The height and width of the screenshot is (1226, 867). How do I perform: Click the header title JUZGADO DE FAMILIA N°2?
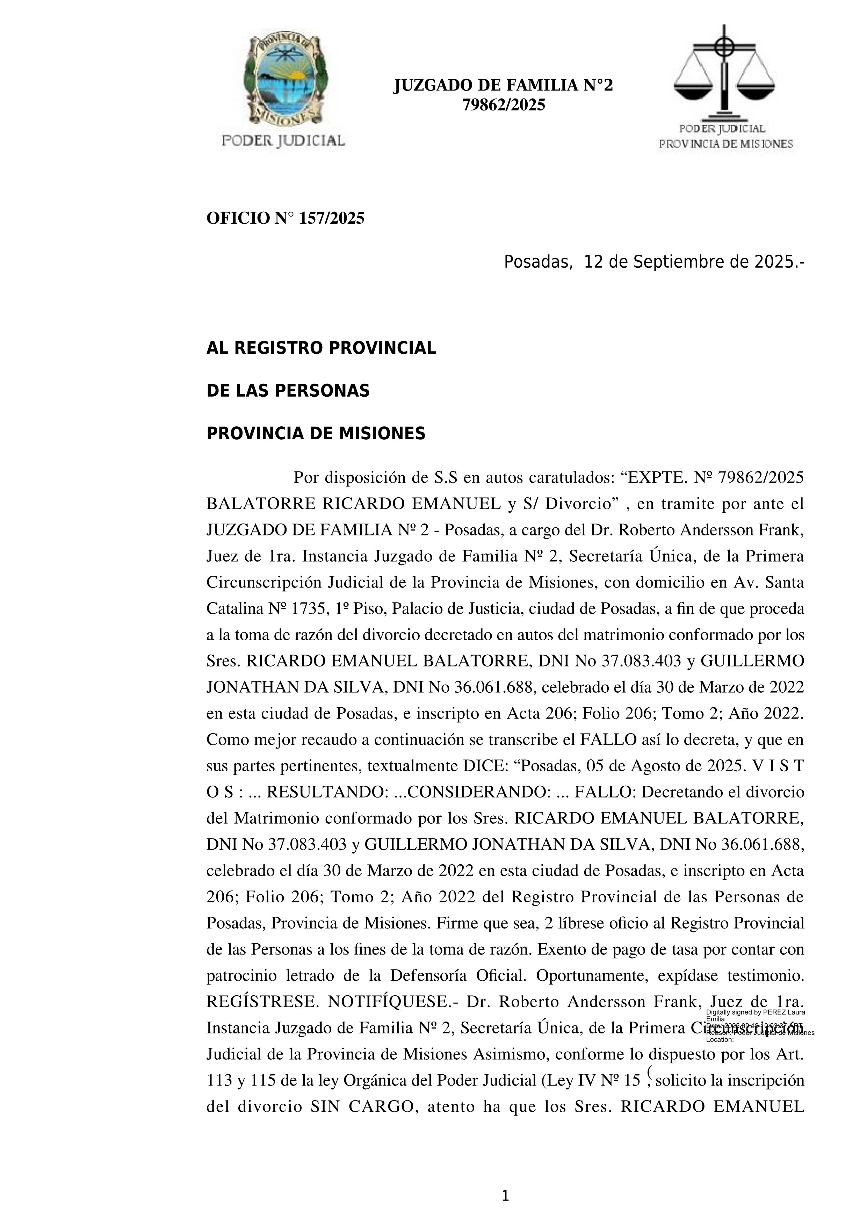point(503,85)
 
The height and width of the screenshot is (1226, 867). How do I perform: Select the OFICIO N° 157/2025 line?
point(285,218)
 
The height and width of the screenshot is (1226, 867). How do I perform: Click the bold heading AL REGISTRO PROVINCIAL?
point(321,348)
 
